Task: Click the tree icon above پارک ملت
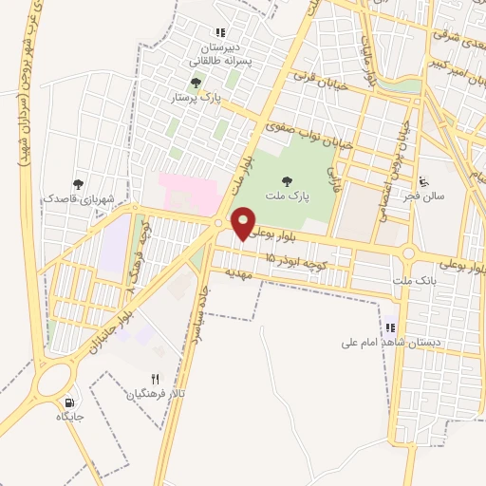pyautogui.click(x=288, y=179)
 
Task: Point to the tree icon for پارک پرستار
pyautogui.click(x=196, y=83)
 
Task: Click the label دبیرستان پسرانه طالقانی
pyautogui.click(x=221, y=52)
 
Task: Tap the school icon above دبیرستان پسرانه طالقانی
pyautogui.click(x=221, y=32)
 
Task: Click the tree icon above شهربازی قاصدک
pyautogui.click(x=78, y=184)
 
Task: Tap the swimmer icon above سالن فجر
pyautogui.click(x=424, y=181)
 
